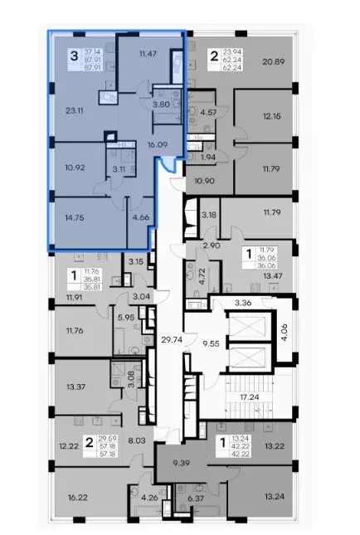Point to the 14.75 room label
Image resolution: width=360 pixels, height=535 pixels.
pyautogui.click(x=75, y=217)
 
